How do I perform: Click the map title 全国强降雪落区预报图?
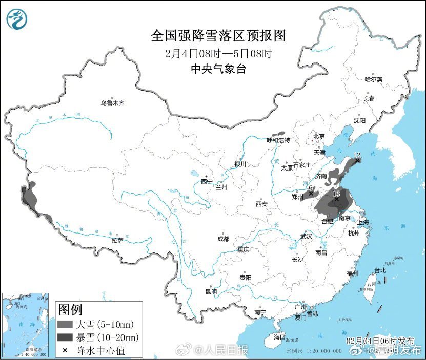point(218,36)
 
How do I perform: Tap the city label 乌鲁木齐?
point(112,103)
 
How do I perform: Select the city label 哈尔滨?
point(373,79)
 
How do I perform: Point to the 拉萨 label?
point(117,240)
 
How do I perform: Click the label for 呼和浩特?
point(278,140)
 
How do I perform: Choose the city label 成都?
point(223,239)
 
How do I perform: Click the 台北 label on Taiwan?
point(379,270)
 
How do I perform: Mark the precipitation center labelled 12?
point(357,160)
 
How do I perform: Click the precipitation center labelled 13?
point(336,199)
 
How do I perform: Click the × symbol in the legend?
point(65,351)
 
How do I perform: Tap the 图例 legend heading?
point(70,309)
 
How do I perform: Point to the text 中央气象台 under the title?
point(218,69)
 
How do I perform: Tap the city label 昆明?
point(211,292)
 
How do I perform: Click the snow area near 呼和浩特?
point(278,133)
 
